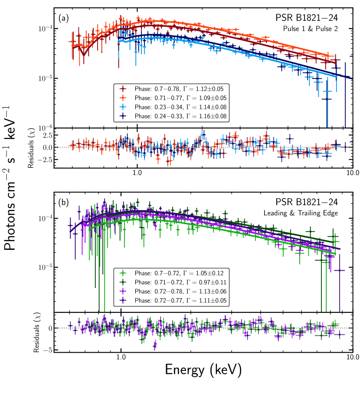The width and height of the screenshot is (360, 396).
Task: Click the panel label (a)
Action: point(63,19)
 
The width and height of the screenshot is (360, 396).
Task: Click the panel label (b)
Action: point(63,202)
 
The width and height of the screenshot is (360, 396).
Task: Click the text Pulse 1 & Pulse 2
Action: point(321,29)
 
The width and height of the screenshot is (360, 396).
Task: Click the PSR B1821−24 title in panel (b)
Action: point(313,202)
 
